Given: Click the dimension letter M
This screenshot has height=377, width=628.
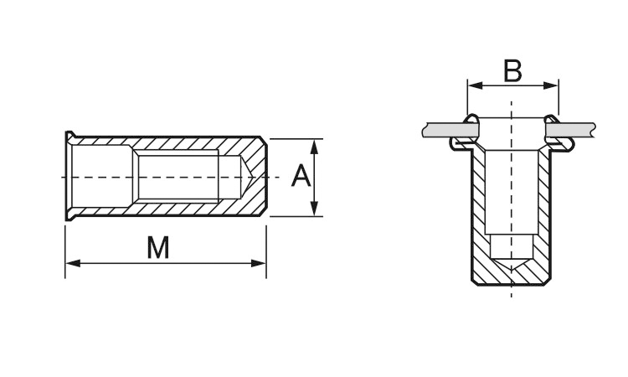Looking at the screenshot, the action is tap(158, 247).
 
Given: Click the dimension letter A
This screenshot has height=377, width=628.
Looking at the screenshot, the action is tap(301, 176).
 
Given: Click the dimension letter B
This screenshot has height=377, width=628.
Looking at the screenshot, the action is tap(512, 71).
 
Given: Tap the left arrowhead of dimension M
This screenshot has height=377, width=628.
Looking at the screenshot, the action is tap(73, 263).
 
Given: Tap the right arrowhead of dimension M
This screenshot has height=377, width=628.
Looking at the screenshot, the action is tap(259, 263).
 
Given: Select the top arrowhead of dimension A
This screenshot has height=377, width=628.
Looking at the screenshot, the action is tap(314, 147).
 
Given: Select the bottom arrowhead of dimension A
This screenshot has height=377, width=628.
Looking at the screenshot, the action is tap(314, 209).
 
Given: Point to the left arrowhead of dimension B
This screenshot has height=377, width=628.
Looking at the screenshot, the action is tap(476, 85).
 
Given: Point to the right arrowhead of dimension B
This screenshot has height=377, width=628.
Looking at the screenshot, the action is tap(550, 85).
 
